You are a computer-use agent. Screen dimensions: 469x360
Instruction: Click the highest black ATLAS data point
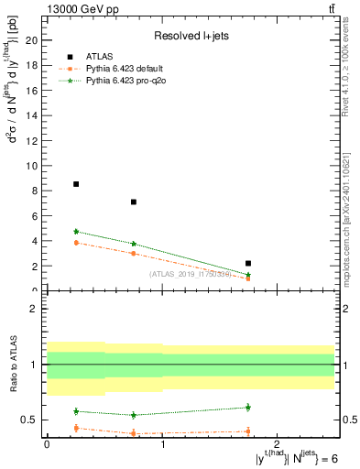click(76, 184)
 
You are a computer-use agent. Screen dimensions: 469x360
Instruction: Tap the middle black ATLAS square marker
click(134, 202)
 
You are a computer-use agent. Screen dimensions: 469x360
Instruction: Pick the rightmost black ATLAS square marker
click(248, 264)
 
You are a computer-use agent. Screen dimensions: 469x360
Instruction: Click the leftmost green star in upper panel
click(76, 232)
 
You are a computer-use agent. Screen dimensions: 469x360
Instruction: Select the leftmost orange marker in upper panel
click(76, 243)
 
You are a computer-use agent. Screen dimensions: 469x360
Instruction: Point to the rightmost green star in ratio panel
click(248, 407)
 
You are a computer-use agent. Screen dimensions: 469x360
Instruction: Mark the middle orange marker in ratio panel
click(134, 433)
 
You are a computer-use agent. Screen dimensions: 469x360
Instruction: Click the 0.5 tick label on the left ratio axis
click(29, 420)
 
